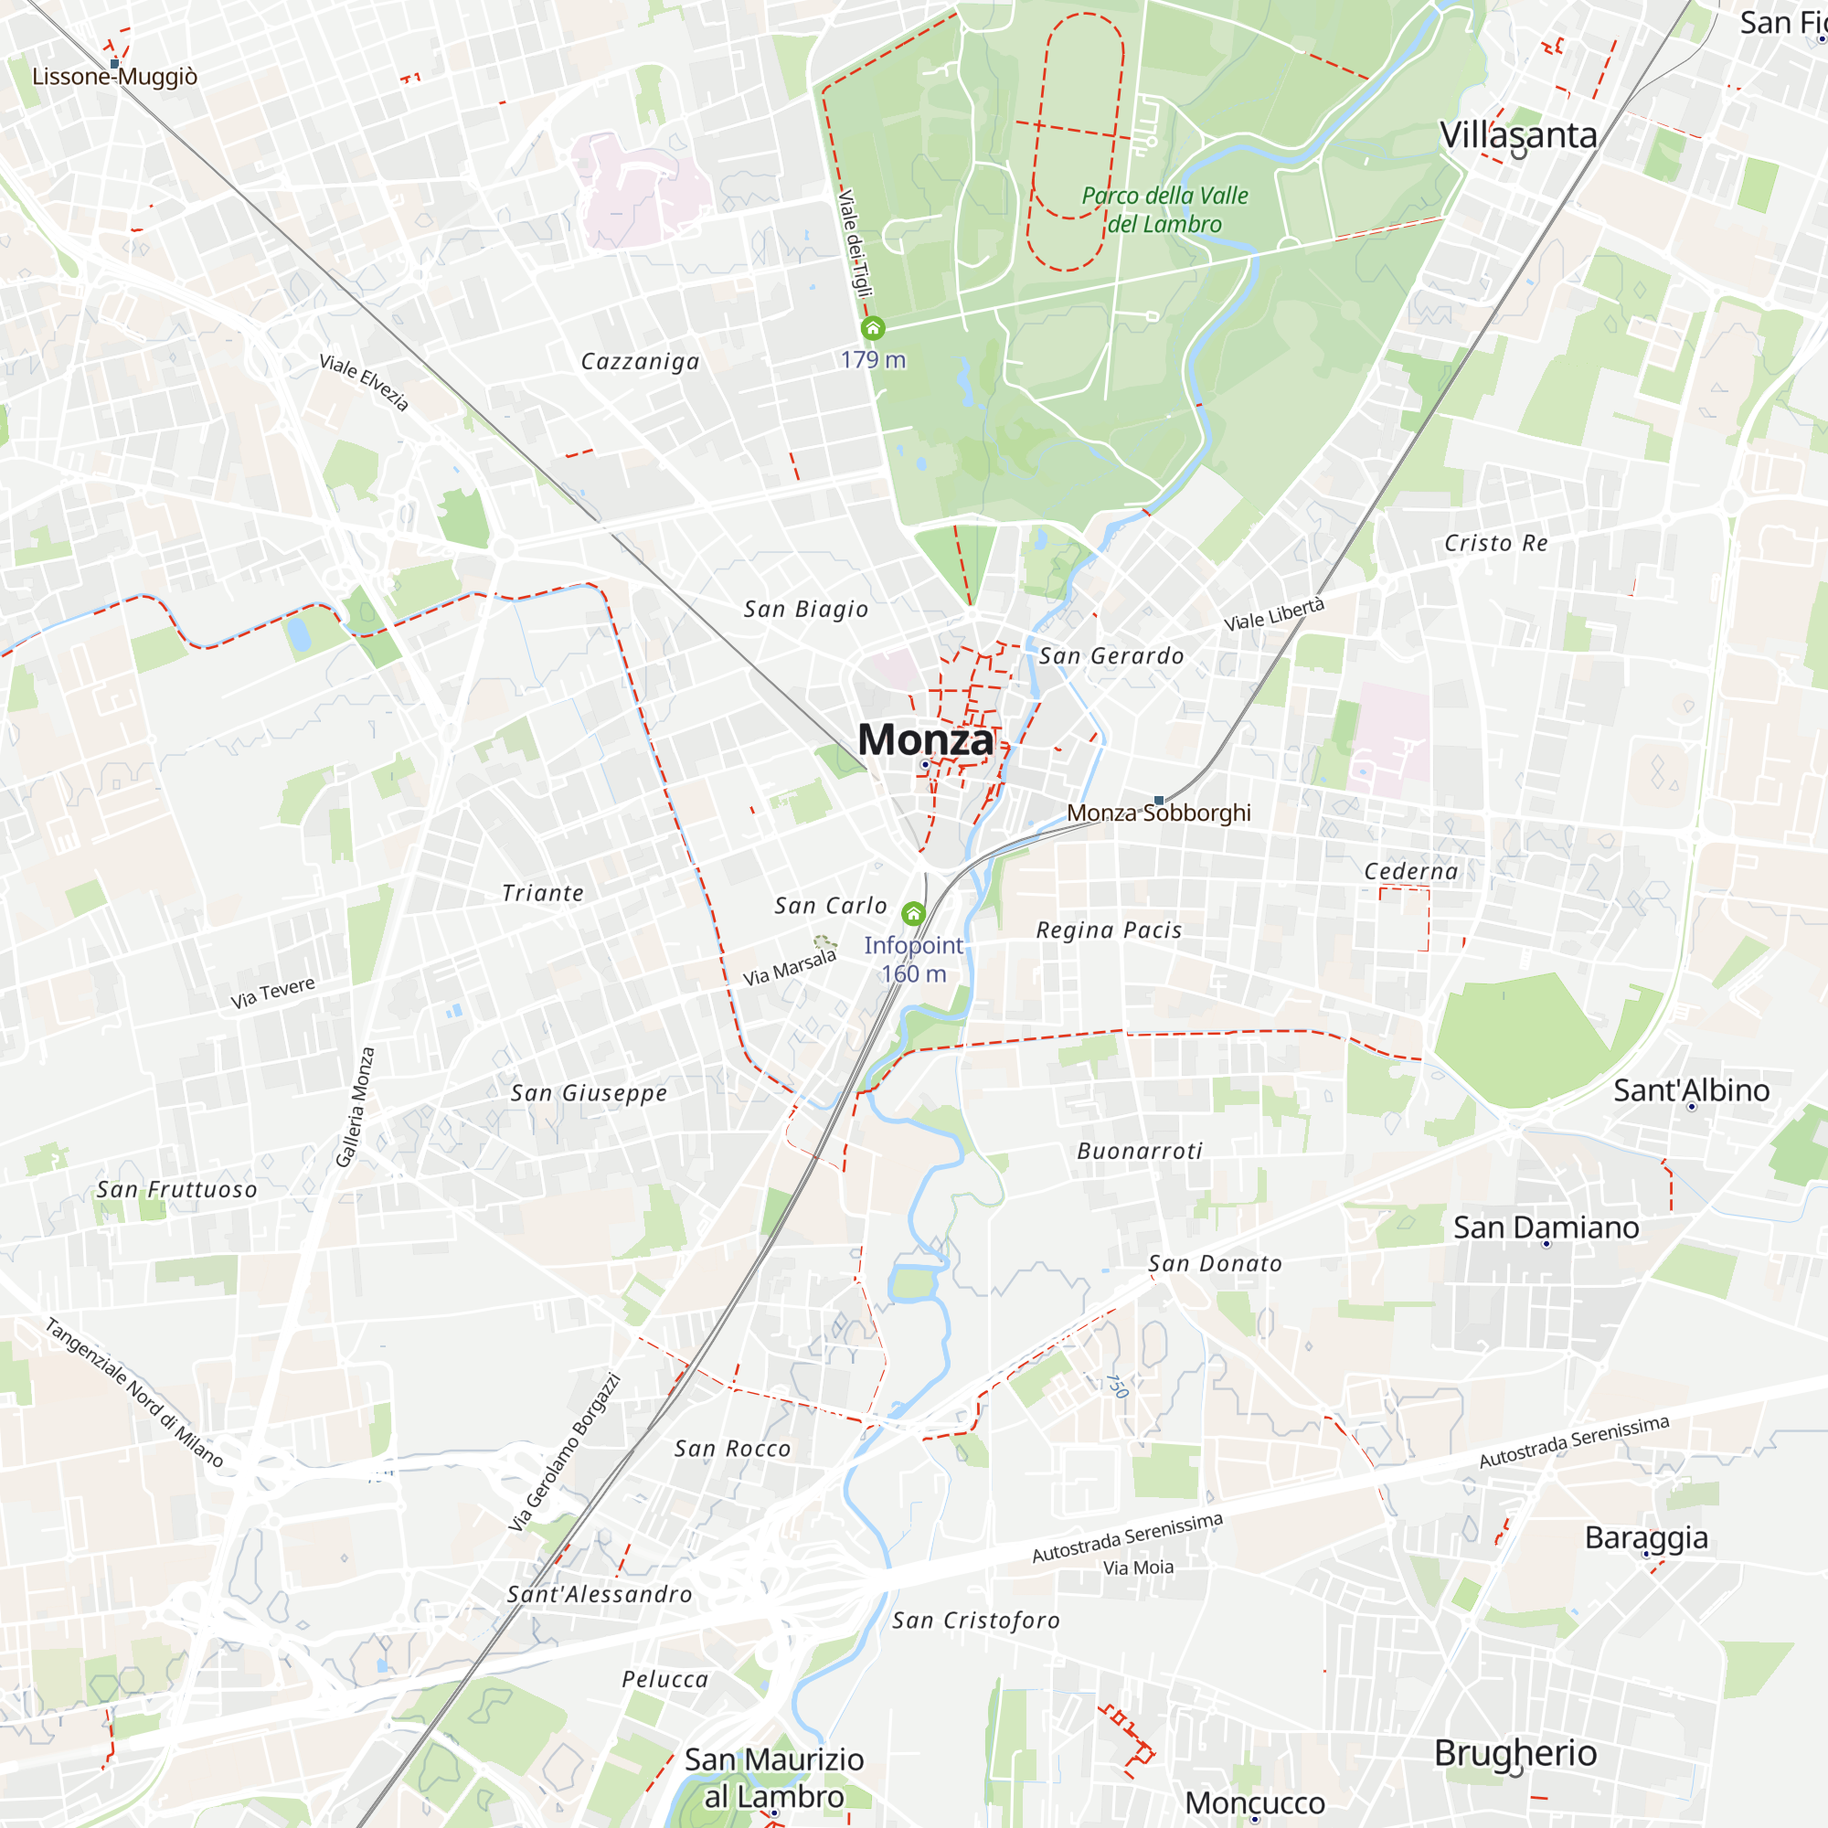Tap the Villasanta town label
coord(1517,135)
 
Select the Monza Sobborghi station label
coord(1158,813)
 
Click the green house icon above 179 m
coord(872,328)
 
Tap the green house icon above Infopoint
coord(913,914)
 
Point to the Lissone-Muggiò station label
coord(114,77)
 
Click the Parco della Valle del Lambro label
coord(1164,209)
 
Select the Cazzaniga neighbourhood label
coord(641,361)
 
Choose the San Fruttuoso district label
coord(177,1189)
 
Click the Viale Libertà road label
coord(1273,614)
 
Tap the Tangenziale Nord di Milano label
coord(134,1393)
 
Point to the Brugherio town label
coord(1514,1753)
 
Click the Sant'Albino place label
coord(1691,1090)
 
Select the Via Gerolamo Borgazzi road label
coord(565,1452)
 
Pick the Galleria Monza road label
coord(356,1107)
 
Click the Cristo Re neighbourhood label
coord(1496,543)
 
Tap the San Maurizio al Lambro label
coord(774,1778)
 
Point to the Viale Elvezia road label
coord(365,382)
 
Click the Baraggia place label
coord(1646,1537)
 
